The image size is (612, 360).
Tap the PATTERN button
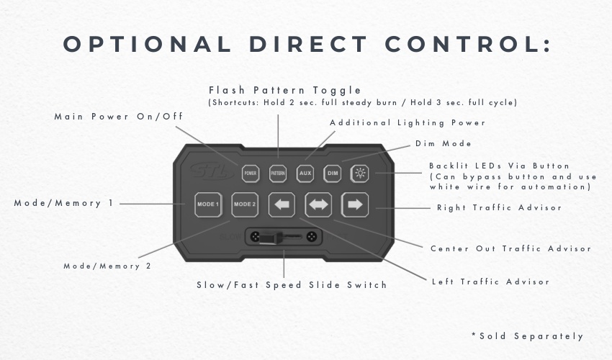click(x=278, y=174)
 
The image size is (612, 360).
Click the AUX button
click(x=305, y=174)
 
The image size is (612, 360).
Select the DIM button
click(x=333, y=174)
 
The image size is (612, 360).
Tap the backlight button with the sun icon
click(x=360, y=174)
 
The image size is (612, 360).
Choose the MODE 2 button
click(x=245, y=204)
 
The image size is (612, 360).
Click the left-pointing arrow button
click(x=282, y=204)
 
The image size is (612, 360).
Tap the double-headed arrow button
click(x=318, y=204)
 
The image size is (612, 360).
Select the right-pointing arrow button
click(x=355, y=204)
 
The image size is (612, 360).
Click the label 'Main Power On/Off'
click(x=119, y=117)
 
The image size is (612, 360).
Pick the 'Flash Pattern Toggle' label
click(x=285, y=90)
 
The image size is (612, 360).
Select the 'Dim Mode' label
click(x=443, y=143)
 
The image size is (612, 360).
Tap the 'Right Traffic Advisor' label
click(x=499, y=208)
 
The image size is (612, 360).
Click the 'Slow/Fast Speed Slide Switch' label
click(x=292, y=285)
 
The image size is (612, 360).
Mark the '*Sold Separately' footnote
click(x=527, y=336)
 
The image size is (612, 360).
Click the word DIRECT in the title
click(x=308, y=44)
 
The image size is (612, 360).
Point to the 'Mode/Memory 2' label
click(x=107, y=266)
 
